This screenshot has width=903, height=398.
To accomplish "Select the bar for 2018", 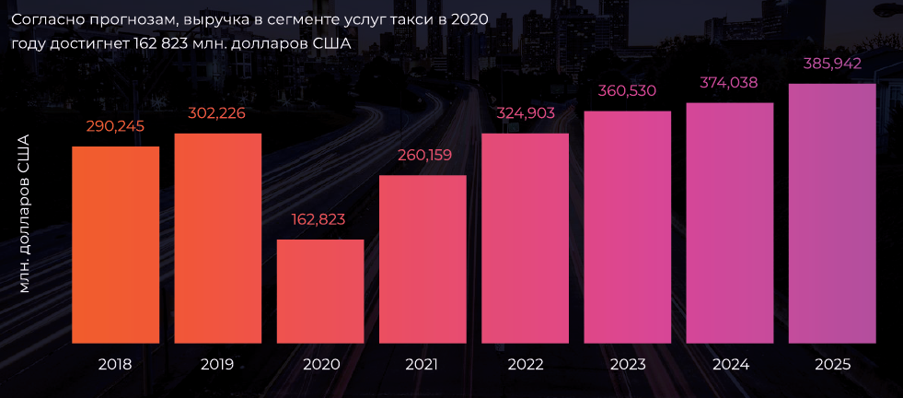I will (x=115, y=244).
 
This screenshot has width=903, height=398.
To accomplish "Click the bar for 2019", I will (x=218, y=238).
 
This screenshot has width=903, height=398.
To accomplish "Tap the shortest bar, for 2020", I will (x=320, y=291).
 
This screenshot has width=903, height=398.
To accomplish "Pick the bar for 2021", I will (x=423, y=259).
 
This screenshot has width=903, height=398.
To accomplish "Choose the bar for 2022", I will (x=525, y=238).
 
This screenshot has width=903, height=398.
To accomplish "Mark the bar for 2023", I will (x=628, y=227).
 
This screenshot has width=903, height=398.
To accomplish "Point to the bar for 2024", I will (x=730, y=222).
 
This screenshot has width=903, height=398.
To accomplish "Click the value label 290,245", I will (x=115, y=126).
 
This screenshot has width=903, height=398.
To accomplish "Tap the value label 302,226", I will (x=218, y=113).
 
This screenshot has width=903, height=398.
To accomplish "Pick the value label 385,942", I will (x=832, y=64).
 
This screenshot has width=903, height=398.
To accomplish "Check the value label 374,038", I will (x=730, y=82).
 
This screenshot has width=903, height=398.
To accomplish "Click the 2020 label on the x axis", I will (x=320, y=364).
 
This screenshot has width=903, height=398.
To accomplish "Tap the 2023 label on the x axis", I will (x=628, y=364).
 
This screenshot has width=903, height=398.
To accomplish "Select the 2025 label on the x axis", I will (x=832, y=364).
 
